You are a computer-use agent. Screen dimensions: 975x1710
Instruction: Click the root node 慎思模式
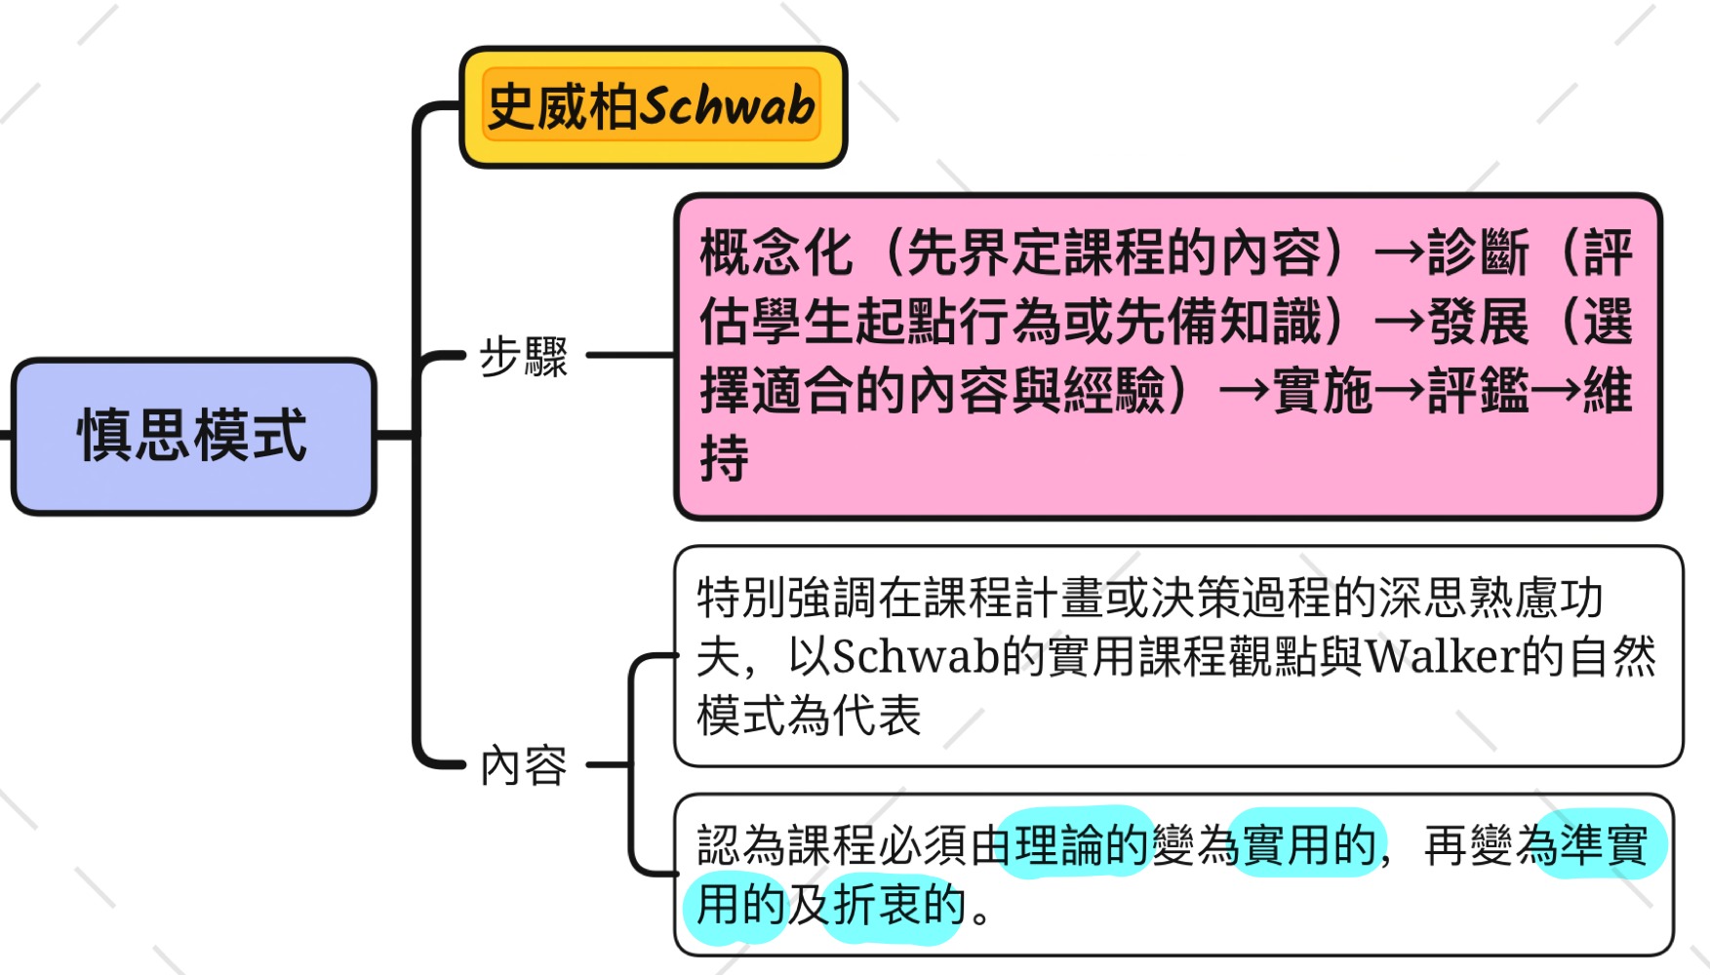[x=193, y=435]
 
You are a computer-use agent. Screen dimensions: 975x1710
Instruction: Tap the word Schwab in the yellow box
[x=728, y=106]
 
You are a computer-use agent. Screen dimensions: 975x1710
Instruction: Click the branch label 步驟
[x=523, y=357]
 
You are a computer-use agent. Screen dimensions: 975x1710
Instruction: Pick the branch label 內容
[x=523, y=765]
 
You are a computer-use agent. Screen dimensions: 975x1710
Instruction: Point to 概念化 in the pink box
[x=776, y=253]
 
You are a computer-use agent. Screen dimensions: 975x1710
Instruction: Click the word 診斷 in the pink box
[x=1478, y=253]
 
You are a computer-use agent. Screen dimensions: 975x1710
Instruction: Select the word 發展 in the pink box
[x=1478, y=322]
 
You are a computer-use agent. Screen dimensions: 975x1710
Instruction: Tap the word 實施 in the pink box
[x=1323, y=391]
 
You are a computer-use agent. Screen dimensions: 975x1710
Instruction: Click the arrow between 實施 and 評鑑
[x=1400, y=391]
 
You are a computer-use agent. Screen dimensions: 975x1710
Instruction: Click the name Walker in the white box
[x=1442, y=656]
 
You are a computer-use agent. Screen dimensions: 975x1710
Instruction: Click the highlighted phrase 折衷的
[x=897, y=905]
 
